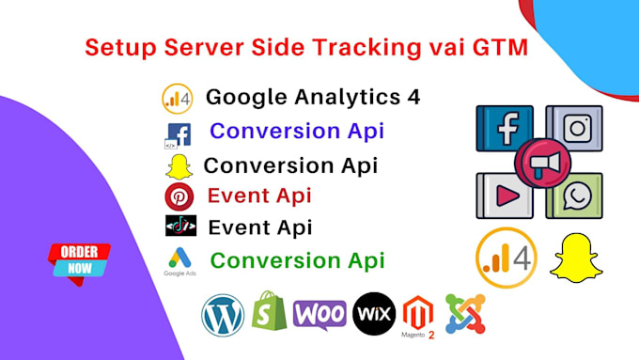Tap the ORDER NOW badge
[x=80, y=259]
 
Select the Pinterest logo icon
[x=179, y=197]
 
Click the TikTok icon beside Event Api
[x=179, y=227]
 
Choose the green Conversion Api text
[x=297, y=258]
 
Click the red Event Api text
[x=259, y=196]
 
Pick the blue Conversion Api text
[x=297, y=131]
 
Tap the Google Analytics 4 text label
[x=313, y=97]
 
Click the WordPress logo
[x=222, y=315]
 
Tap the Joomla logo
[x=465, y=314]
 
